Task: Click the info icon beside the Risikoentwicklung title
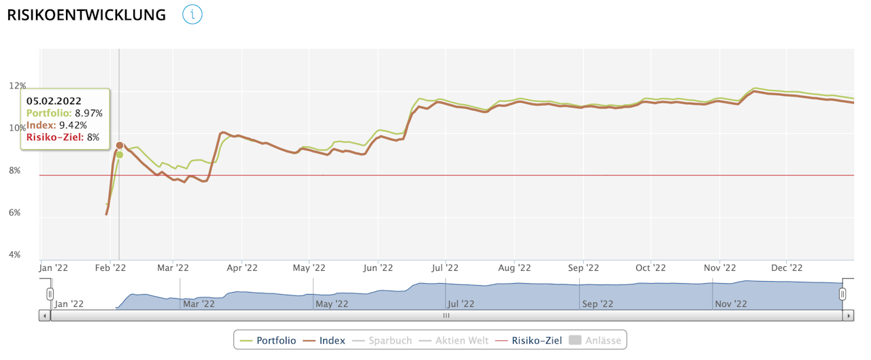pos(193,14)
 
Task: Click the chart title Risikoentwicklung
pos(86,15)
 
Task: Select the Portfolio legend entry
pos(269,340)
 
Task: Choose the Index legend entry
pos(325,340)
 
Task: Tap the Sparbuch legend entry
pos(382,340)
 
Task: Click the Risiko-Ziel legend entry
pos(529,340)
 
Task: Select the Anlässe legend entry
pos(595,340)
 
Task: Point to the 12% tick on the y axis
pos(18,86)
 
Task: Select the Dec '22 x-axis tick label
pos(789,267)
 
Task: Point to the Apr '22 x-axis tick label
pos(242,267)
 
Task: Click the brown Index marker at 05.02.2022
pos(120,145)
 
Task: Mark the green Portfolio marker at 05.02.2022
pos(120,154)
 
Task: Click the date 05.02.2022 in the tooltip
pos(54,101)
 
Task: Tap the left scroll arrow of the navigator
pos(45,316)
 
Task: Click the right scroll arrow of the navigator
pos(848,316)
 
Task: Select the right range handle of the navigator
pos(842,294)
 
